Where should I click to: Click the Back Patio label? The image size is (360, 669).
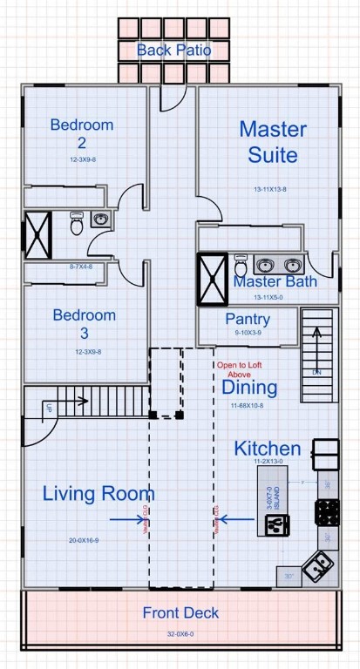173,50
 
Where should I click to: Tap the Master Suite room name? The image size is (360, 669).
273,142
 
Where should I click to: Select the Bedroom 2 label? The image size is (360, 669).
81,133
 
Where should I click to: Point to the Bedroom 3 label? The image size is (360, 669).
84,323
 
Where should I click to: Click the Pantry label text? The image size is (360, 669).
248,320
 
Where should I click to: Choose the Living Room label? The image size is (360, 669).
98,494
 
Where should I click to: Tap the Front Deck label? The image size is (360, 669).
180,613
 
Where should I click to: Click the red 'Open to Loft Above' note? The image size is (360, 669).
241,369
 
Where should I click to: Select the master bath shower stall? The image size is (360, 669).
213,279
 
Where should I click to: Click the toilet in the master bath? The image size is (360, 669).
241,264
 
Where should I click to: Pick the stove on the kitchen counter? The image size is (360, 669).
327,511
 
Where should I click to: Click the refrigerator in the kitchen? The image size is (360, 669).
327,453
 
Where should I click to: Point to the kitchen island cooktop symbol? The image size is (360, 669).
276,524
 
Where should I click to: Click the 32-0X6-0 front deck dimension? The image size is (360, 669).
180,635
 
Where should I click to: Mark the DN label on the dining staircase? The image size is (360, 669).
316,372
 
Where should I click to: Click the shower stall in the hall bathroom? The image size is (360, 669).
37,233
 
